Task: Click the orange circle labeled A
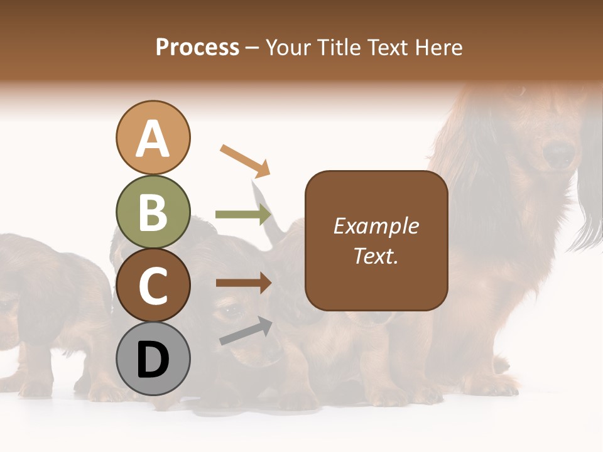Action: (x=153, y=137)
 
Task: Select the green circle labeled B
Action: (x=153, y=212)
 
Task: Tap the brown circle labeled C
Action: (x=153, y=286)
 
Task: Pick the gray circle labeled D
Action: (x=153, y=359)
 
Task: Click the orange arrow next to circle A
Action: (x=245, y=161)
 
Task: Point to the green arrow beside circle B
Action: (x=244, y=215)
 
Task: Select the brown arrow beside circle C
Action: (x=244, y=283)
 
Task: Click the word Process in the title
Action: (x=197, y=47)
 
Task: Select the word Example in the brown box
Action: (x=376, y=226)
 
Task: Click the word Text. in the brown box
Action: (x=376, y=256)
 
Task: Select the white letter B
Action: (x=153, y=212)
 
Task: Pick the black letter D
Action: (x=153, y=360)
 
